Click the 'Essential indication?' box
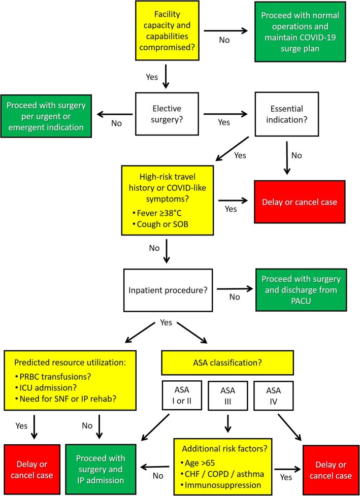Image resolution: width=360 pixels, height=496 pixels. [x=289, y=115]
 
